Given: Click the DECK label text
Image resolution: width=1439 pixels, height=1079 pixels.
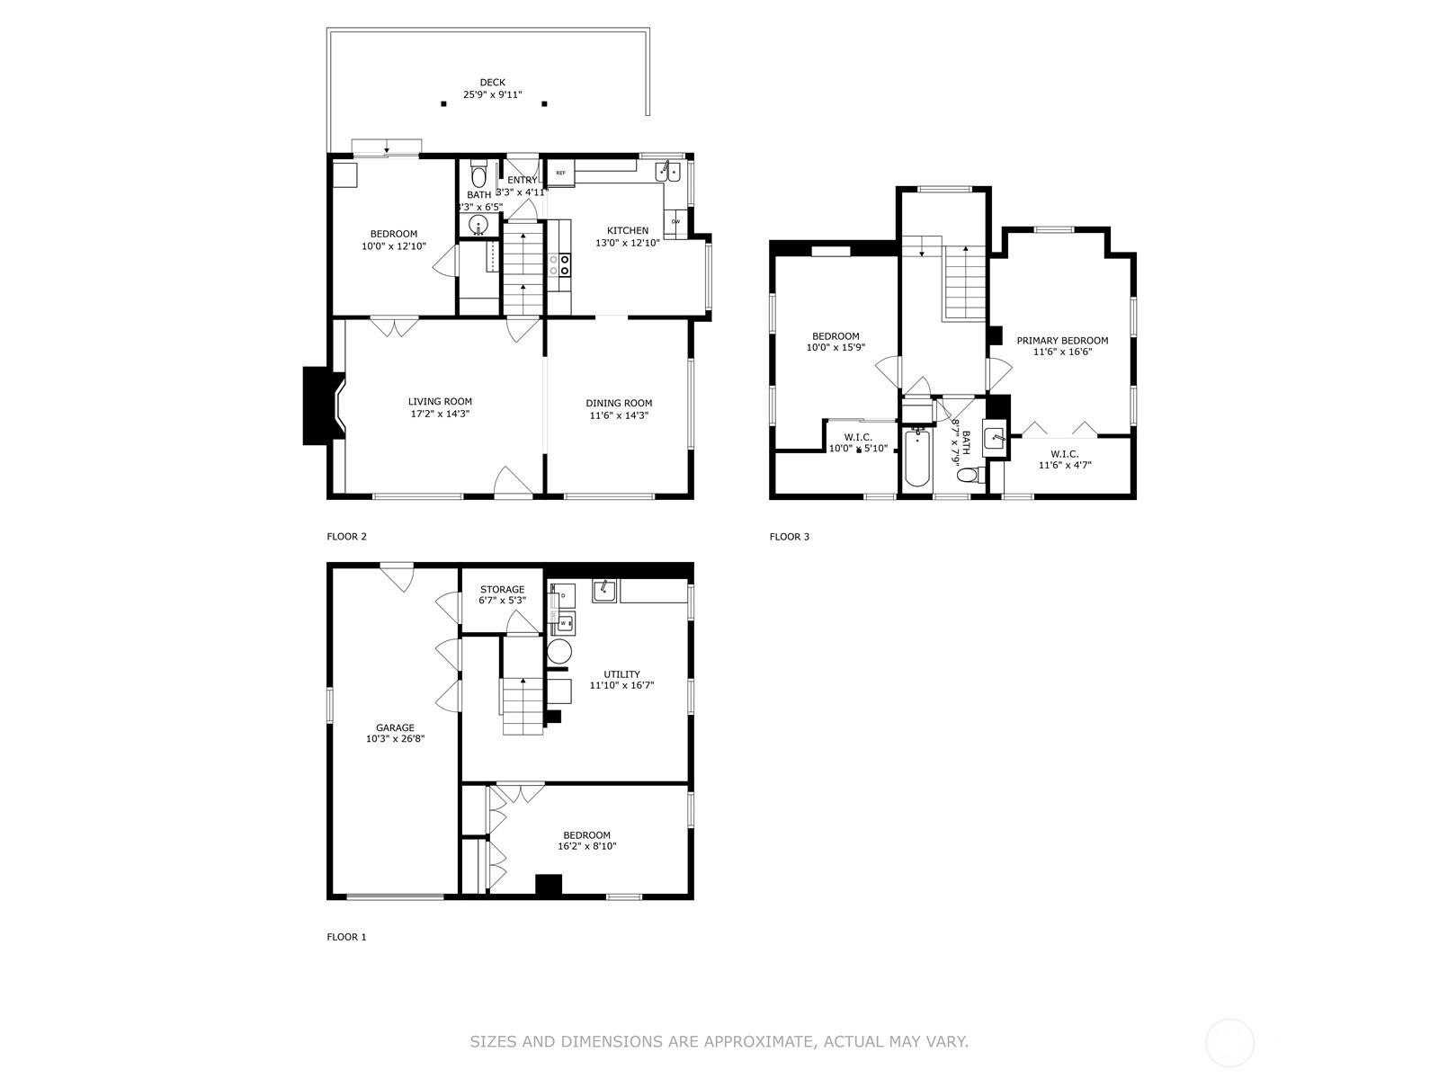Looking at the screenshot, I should [492, 83].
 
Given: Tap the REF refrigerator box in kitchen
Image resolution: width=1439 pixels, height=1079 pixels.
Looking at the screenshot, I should [560, 173].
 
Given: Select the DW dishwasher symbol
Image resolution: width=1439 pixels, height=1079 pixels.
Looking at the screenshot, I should [675, 221].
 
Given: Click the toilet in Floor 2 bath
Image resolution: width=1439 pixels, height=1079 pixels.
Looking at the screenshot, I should [478, 173].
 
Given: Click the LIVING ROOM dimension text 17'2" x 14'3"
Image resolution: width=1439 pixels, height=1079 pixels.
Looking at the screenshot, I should [440, 415].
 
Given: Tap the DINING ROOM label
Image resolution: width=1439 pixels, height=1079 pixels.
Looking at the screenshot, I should [619, 403].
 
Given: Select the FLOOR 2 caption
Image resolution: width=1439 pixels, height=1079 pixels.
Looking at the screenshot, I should [346, 537].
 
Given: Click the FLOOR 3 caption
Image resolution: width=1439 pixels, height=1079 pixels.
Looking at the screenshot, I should [789, 537].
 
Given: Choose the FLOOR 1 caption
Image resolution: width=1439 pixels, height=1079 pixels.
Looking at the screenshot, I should [346, 937].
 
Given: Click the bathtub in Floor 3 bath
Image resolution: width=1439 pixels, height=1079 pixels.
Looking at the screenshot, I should [916, 459].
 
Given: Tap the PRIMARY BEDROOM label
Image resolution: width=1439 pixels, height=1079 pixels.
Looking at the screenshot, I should [1062, 341].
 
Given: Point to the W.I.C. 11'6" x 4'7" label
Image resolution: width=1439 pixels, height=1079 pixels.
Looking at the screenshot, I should [1063, 459].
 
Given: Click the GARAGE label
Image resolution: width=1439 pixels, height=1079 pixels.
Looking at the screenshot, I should [395, 728].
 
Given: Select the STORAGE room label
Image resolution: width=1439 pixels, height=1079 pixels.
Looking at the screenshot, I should [502, 590].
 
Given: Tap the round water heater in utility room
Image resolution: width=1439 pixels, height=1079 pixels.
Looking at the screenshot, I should [559, 651].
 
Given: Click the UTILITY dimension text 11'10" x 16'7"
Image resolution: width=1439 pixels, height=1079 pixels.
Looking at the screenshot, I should [621, 685].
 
